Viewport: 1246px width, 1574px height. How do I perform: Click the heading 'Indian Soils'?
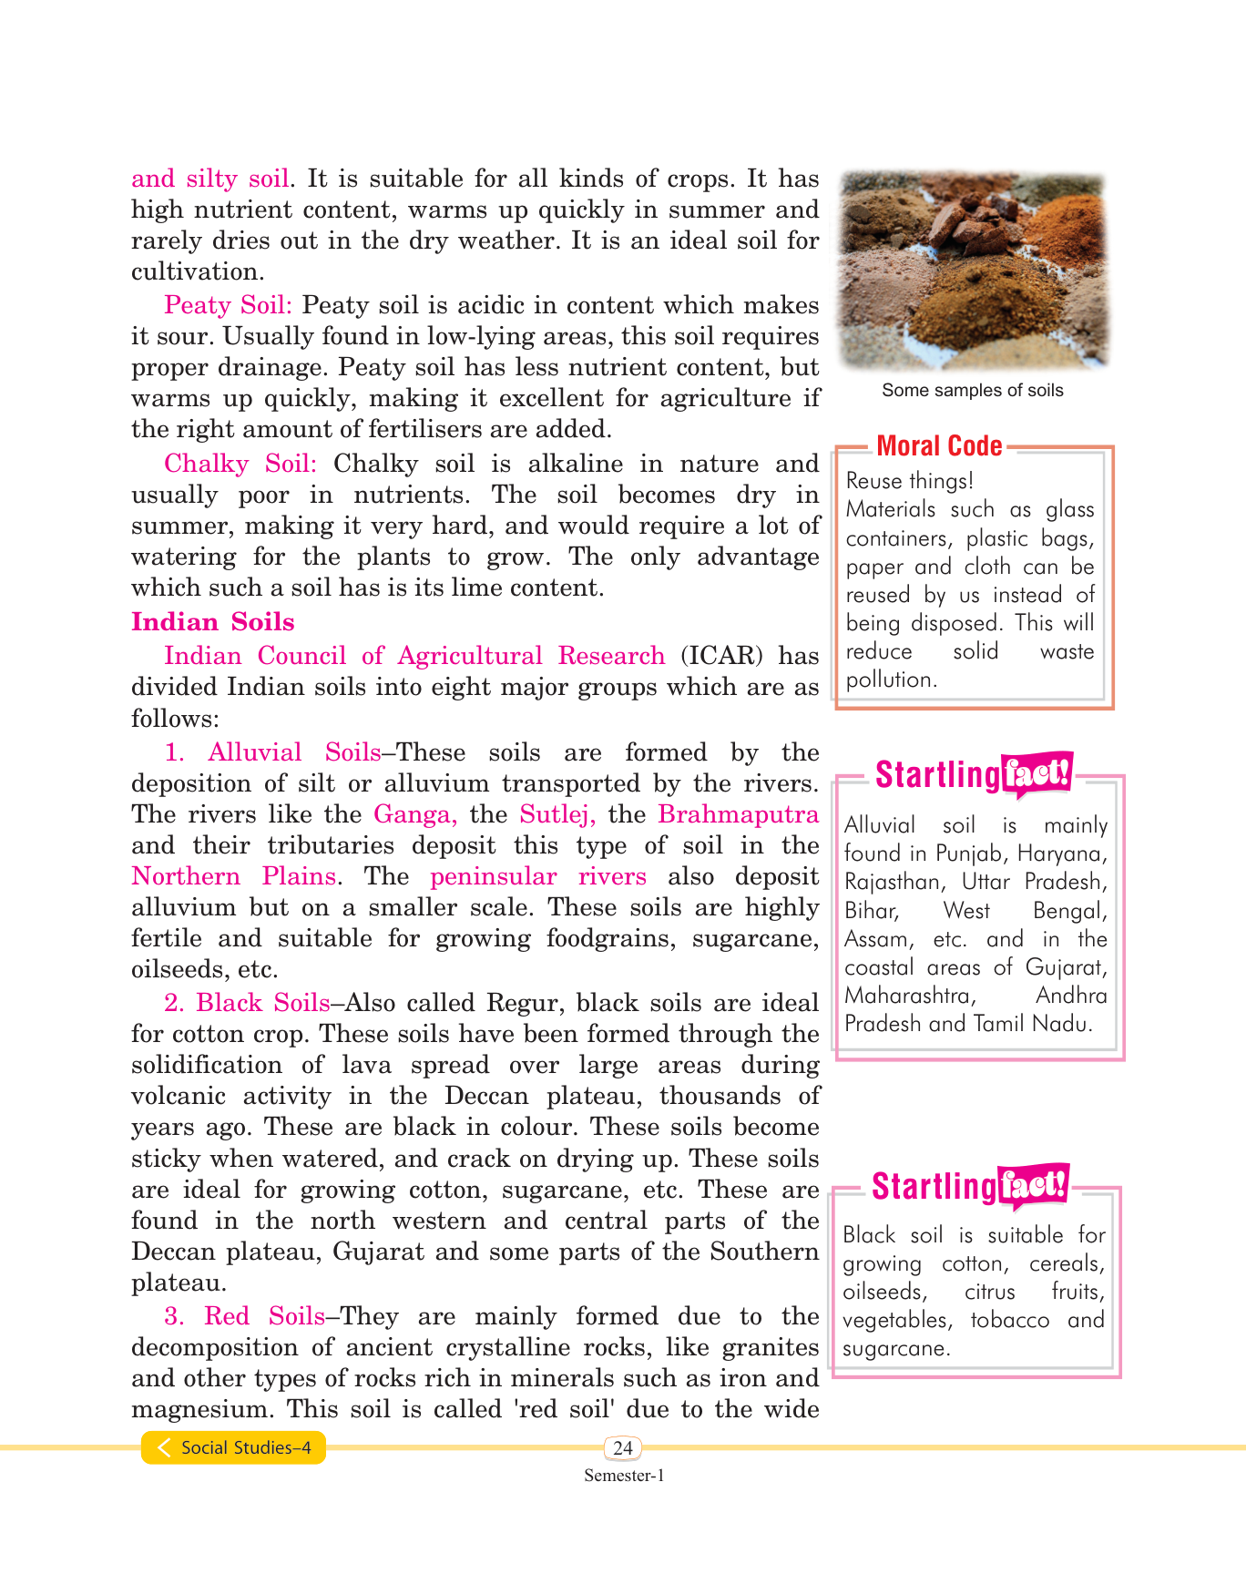[x=212, y=622]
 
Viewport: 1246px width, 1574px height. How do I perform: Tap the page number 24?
[x=623, y=1447]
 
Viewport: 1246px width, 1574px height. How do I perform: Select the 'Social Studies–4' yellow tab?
[x=234, y=1447]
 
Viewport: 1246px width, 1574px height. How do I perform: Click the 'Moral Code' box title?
[x=939, y=446]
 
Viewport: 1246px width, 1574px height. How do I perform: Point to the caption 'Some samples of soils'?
[x=972, y=391]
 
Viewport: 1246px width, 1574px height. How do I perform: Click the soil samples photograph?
[x=972, y=271]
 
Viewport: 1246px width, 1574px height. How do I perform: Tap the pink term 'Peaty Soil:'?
[x=228, y=305]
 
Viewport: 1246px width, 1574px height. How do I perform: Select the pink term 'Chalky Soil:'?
[x=240, y=464]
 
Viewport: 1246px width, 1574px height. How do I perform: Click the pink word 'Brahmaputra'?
[x=738, y=814]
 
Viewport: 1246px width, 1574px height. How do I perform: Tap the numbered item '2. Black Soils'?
[x=247, y=1003]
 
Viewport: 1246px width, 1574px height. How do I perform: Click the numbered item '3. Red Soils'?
[x=244, y=1316]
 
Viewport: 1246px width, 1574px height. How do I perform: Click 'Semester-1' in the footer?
[x=624, y=1476]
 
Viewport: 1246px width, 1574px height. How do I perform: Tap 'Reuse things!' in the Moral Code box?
[x=909, y=481]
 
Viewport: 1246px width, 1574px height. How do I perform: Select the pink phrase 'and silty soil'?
[x=210, y=179]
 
